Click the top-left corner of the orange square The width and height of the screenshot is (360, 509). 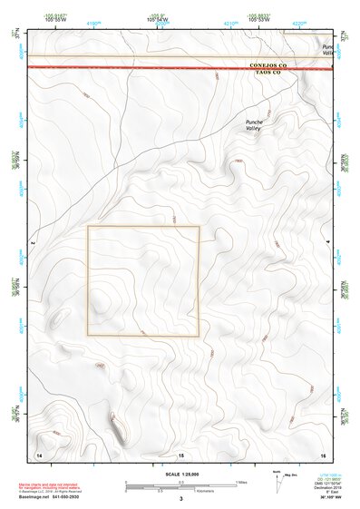point(88,227)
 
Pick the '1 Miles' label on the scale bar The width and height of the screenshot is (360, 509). point(240,481)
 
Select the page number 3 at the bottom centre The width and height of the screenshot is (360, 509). point(180,500)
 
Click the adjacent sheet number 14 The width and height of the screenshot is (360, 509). point(38,453)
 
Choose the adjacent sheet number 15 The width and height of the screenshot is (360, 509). point(180,453)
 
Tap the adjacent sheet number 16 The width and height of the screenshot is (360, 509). point(322,453)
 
